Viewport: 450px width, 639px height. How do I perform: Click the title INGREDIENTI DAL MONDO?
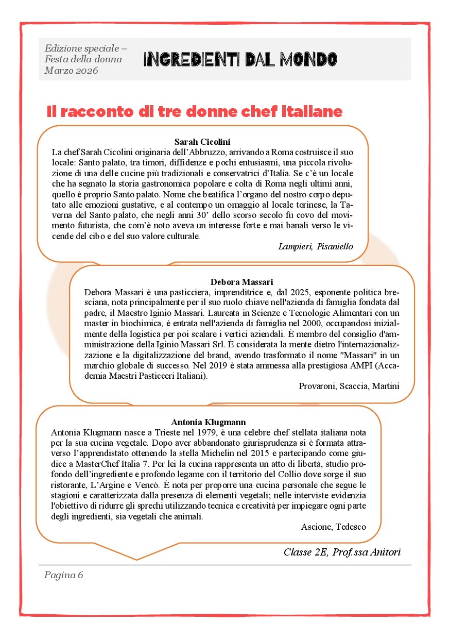click(x=240, y=60)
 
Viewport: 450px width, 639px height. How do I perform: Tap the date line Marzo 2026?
click(x=72, y=70)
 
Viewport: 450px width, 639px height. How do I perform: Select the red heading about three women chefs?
click(x=195, y=111)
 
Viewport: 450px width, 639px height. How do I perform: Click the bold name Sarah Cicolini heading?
click(x=202, y=141)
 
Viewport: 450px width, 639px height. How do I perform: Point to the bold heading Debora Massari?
click(x=241, y=281)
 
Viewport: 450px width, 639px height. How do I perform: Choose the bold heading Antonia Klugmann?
click(x=208, y=422)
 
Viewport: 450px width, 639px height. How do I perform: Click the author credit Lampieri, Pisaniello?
click(x=315, y=246)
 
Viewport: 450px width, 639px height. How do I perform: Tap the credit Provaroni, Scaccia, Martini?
click(x=349, y=386)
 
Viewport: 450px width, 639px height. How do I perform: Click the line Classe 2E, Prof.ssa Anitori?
click(x=341, y=552)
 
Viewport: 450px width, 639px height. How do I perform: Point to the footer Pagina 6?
click(x=63, y=575)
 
